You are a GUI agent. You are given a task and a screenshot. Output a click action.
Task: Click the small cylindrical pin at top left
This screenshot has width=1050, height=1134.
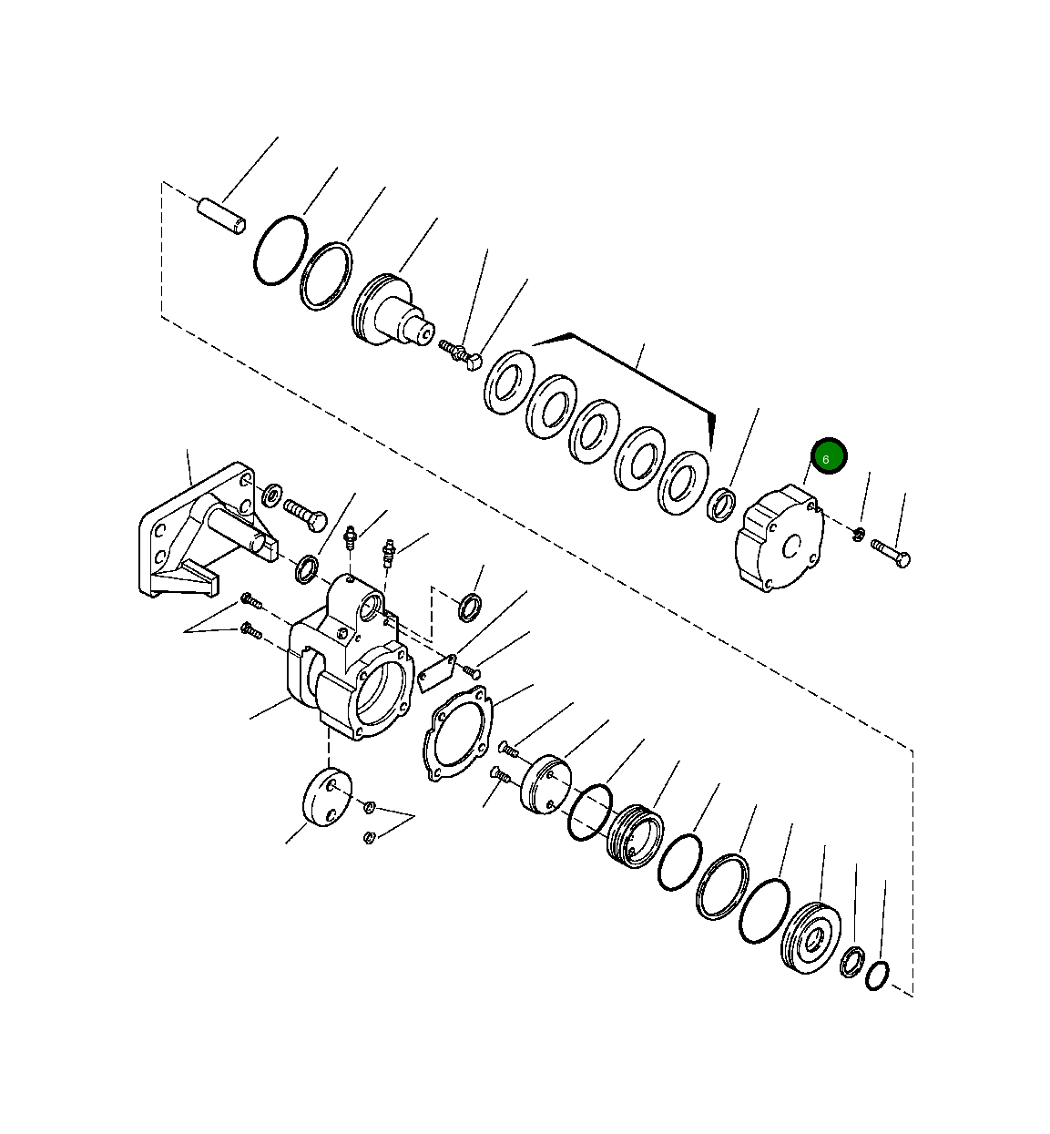221,217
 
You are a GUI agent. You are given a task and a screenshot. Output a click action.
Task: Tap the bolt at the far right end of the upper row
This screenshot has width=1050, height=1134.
891,552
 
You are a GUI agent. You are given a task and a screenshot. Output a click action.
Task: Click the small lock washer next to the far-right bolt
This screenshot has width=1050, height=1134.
859,533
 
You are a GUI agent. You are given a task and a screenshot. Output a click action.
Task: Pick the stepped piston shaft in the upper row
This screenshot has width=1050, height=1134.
391,312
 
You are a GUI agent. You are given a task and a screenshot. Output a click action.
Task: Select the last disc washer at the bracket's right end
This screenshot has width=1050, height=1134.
683,481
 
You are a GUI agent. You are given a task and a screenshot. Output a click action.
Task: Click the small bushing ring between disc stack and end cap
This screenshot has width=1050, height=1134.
722,504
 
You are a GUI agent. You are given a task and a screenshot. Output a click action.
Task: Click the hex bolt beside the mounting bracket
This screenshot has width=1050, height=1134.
305,514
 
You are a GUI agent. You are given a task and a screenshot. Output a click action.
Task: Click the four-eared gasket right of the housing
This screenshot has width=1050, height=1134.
458,734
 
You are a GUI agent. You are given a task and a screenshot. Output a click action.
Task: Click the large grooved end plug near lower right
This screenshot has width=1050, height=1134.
810,939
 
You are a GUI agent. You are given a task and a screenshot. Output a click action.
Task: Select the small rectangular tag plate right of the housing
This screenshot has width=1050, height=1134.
436,668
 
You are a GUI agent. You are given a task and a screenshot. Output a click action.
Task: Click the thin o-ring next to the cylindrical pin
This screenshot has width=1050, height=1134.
277,250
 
